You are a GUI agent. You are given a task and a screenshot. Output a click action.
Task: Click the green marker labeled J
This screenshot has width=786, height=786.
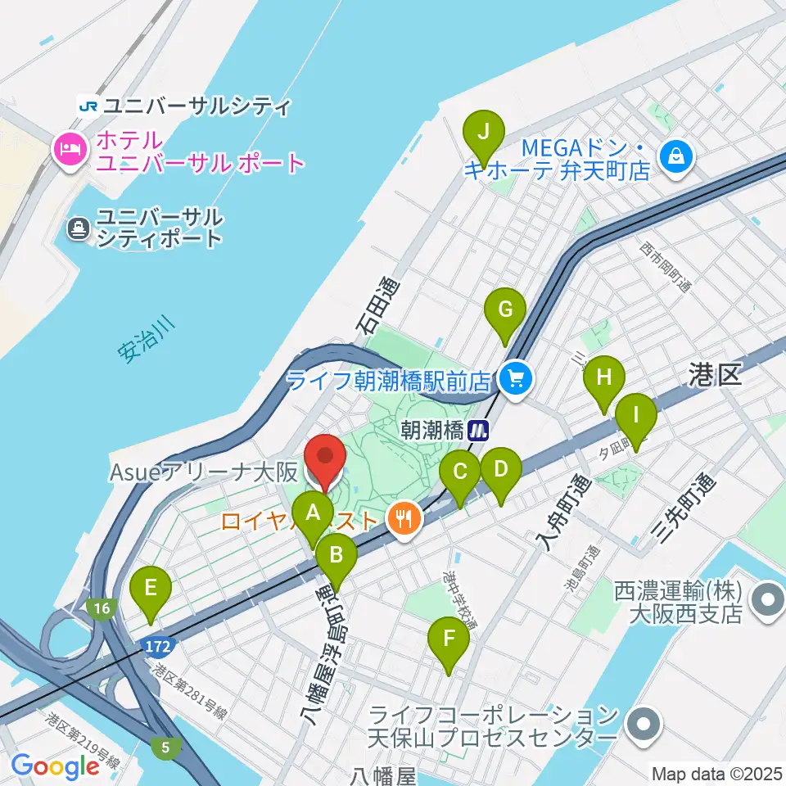483,133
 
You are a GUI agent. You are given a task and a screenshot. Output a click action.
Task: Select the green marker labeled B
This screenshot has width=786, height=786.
336,557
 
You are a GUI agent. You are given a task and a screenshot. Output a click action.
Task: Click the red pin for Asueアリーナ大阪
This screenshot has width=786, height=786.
324,460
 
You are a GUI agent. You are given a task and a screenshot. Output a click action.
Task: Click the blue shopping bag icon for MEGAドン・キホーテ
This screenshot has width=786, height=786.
678,152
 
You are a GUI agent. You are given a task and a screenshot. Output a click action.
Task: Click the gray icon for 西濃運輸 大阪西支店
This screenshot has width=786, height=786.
768,599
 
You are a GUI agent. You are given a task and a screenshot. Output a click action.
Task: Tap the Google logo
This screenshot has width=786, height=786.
55,766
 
